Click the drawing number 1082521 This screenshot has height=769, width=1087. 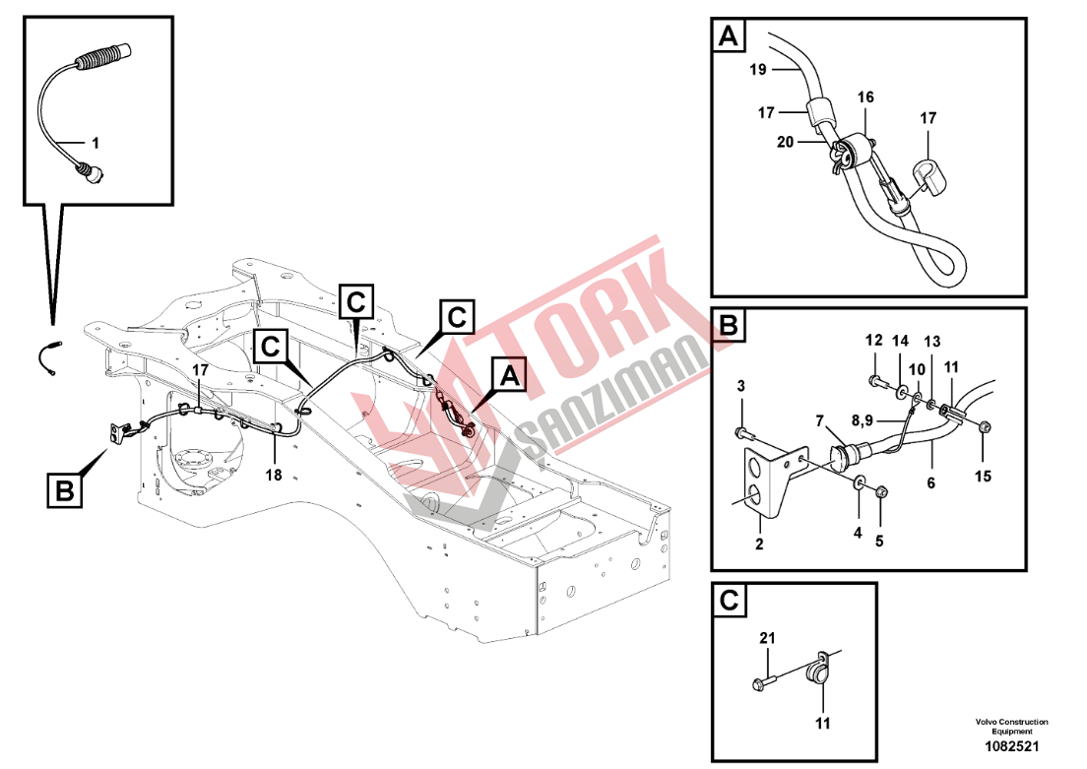click(x=1012, y=746)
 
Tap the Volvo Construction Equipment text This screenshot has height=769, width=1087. click(x=1012, y=726)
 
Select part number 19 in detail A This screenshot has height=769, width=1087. click(x=758, y=69)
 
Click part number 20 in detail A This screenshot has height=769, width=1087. click(x=785, y=142)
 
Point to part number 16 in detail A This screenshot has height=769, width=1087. click(x=865, y=97)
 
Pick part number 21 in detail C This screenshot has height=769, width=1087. click(x=767, y=638)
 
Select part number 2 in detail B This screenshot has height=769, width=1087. click(x=759, y=545)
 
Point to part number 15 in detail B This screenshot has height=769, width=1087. click(x=983, y=477)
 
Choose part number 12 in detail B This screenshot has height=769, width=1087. click(x=873, y=341)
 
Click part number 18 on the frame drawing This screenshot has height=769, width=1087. click(x=274, y=475)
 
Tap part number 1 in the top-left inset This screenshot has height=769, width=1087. click(x=96, y=144)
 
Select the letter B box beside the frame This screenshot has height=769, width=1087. click(x=64, y=491)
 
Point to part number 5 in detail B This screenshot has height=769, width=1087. click(x=879, y=541)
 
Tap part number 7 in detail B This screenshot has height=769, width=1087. click(x=820, y=420)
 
